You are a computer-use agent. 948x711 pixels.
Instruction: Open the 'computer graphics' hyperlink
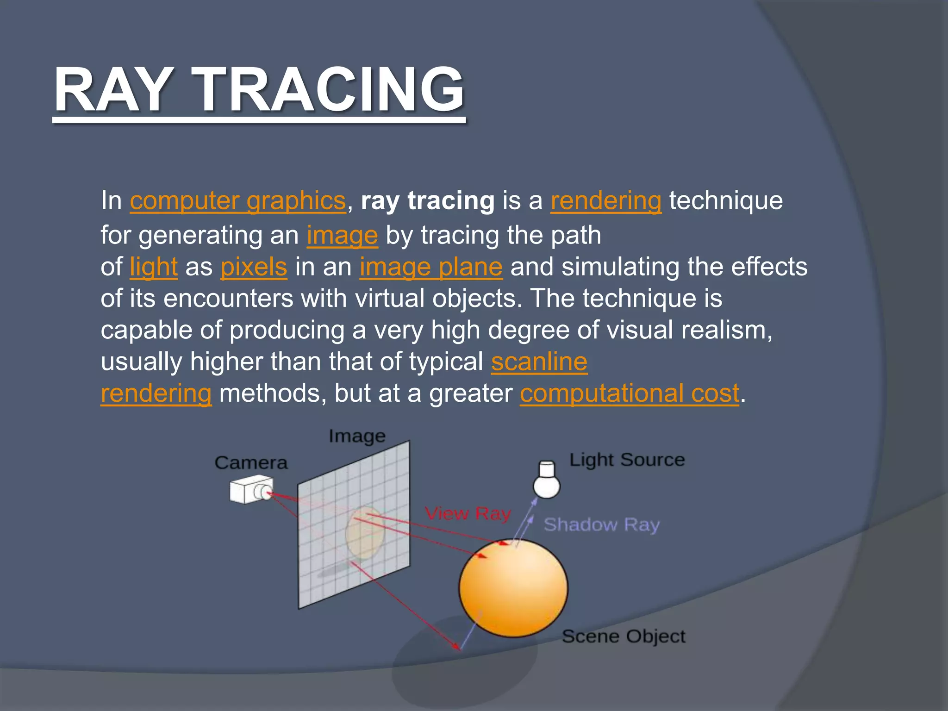click(237, 200)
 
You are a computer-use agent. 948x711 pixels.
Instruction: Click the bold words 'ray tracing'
click(427, 200)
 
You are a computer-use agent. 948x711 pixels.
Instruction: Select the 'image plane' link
click(430, 267)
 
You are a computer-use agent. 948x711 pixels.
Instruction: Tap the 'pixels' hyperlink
click(253, 267)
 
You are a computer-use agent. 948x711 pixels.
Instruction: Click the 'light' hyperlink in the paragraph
click(153, 267)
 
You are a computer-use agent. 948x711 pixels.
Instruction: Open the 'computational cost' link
click(629, 393)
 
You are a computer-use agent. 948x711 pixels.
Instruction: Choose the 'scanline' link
click(539, 362)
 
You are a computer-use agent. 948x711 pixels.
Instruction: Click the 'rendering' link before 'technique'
click(605, 200)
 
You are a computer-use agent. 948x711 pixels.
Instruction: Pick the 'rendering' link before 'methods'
click(156, 393)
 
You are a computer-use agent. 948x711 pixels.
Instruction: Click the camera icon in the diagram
click(250, 491)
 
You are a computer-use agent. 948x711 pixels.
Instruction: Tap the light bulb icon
click(547, 480)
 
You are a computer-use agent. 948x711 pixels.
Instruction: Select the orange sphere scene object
click(513, 588)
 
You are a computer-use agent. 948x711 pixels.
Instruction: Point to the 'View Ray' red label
click(468, 513)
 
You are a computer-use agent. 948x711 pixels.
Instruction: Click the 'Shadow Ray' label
click(601, 524)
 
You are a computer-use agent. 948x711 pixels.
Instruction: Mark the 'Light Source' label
click(626, 460)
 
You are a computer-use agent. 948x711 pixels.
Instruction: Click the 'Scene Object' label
click(623, 636)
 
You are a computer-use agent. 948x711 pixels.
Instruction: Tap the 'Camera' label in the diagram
click(250, 462)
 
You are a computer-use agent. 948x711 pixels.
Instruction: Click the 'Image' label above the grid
click(356, 436)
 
